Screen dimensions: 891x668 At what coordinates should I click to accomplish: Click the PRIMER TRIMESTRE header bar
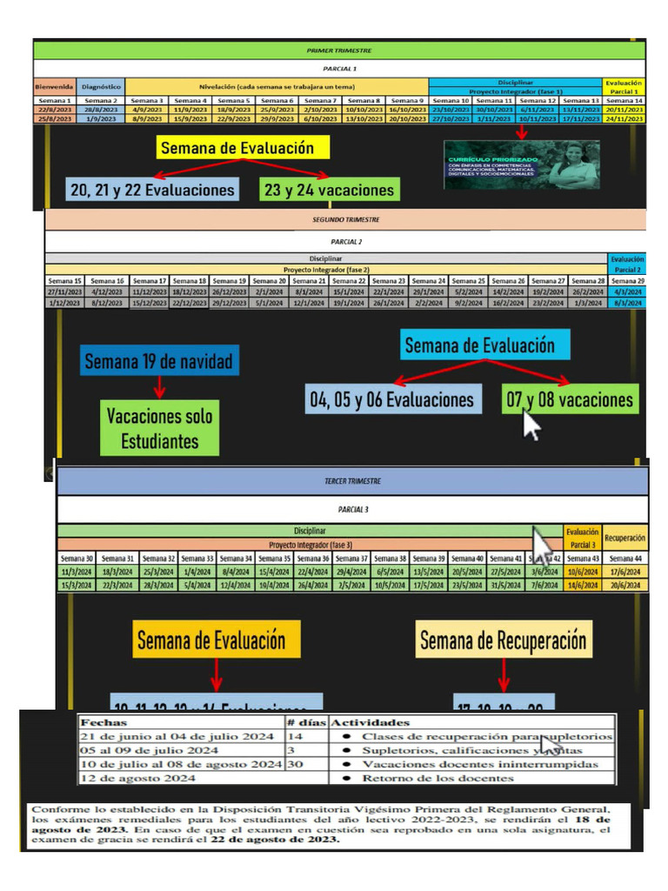pos(339,52)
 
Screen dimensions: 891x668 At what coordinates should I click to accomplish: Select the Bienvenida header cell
pos(54,87)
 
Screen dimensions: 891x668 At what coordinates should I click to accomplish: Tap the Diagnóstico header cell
pos(101,87)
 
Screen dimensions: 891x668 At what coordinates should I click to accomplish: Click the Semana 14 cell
pos(626,101)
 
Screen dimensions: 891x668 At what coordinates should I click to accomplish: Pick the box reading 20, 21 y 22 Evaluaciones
pos(152,190)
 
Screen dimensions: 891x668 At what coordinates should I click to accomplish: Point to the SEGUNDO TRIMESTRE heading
pos(345,220)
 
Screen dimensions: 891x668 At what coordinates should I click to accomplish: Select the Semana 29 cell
pos(627,281)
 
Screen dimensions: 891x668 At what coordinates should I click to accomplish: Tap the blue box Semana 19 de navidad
pos(158,360)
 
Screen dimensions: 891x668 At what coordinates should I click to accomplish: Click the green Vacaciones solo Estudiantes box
pos(159,428)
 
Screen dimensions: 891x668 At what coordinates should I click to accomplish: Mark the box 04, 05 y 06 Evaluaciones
pos(392,399)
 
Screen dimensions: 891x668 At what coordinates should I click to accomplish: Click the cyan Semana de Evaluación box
pos(479,345)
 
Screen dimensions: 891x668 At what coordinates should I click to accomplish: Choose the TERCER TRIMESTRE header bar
pos(352,480)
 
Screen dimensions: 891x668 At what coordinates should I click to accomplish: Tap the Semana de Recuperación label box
pos(504,641)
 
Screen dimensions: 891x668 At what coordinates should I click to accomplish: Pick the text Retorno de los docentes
pos(438,778)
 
